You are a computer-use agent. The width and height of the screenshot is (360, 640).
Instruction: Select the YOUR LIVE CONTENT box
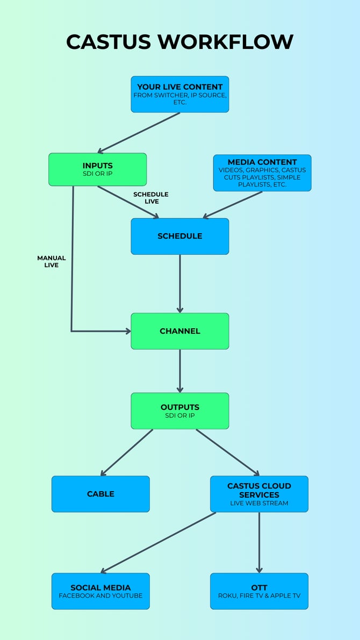pos(180,94)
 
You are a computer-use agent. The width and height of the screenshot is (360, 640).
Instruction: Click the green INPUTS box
pos(97,169)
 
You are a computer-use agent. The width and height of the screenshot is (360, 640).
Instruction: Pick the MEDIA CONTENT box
pos(262,173)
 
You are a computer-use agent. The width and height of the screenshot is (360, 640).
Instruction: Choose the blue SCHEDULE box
pos(180,236)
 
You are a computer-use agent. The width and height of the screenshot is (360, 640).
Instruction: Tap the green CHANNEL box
pos(180,331)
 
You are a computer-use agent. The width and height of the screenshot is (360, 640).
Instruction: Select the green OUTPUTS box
pos(180,411)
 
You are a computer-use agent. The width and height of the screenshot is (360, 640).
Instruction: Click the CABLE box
pos(100,494)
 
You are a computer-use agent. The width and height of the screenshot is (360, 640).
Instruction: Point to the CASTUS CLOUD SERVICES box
pos(259,494)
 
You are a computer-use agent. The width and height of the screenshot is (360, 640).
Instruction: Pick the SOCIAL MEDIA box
pos(100,591)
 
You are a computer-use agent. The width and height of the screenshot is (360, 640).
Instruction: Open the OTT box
pos(259,591)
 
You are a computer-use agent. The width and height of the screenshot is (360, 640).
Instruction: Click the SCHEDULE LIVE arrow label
pos(151,198)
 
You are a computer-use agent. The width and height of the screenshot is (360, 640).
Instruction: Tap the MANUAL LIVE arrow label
pos(52,262)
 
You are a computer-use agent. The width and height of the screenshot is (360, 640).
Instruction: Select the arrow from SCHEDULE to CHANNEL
pos(180,284)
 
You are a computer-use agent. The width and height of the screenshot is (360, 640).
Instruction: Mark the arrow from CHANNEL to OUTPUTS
pos(180,371)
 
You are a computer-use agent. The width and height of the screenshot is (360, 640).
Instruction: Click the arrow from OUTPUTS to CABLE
pos(127,452)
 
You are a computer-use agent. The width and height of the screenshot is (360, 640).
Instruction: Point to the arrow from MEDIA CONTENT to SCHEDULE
pos(233,205)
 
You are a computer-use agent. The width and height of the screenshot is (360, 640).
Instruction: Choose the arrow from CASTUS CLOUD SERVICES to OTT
pos(259,542)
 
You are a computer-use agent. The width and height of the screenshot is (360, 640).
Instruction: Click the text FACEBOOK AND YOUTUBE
pos(100,596)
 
